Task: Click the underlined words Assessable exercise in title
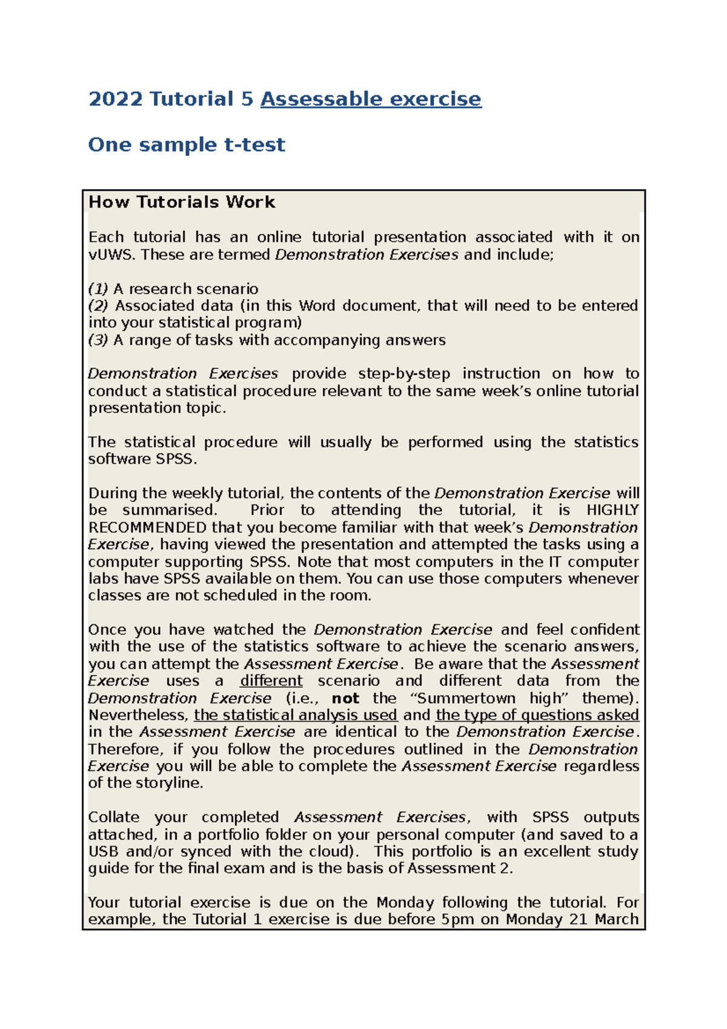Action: click(x=371, y=99)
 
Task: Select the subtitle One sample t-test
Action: click(x=187, y=145)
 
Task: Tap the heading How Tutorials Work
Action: click(x=182, y=202)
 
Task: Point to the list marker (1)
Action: click(x=98, y=289)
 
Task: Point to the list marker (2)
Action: click(x=98, y=306)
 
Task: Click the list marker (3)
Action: click(x=98, y=340)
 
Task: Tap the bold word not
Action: click(x=345, y=698)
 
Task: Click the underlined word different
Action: click(x=271, y=681)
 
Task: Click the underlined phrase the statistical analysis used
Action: click(x=296, y=715)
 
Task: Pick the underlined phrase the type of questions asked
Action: click(x=537, y=715)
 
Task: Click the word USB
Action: click(x=103, y=851)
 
